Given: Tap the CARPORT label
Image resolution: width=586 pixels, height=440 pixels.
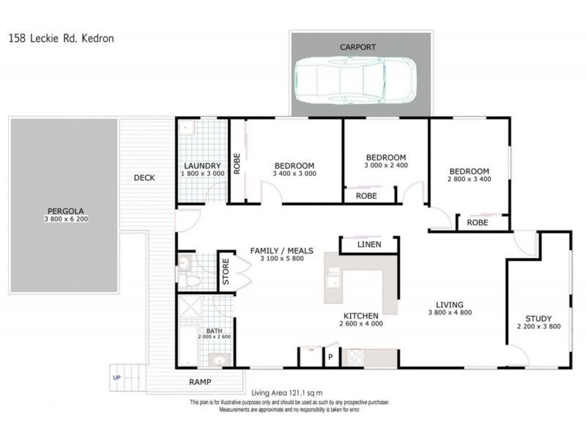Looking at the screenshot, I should [357, 47].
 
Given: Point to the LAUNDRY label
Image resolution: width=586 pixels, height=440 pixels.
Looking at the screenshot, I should [202, 166].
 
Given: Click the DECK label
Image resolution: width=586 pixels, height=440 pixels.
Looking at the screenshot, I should [144, 177].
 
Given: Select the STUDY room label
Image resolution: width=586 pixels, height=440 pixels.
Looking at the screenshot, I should [538, 318].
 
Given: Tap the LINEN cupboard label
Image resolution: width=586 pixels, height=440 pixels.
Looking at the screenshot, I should [368, 244].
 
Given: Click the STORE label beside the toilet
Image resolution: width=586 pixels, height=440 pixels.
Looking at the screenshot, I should [226, 272].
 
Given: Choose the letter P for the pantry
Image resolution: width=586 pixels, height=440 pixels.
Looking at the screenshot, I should [330, 358].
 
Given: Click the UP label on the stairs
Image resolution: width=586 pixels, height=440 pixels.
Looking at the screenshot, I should [116, 378].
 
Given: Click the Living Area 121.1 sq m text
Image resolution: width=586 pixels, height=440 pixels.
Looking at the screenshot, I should [286, 392].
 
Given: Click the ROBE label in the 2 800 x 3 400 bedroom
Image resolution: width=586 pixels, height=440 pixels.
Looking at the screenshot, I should [478, 221].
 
